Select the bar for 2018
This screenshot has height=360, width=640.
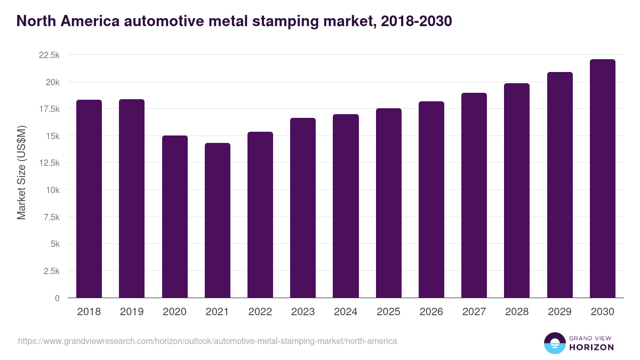[89, 199]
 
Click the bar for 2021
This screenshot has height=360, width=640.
[217, 220]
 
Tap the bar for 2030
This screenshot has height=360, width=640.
[602, 179]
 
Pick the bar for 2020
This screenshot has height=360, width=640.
[174, 217]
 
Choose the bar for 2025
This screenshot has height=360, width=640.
[388, 203]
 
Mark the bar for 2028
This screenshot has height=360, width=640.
[517, 190]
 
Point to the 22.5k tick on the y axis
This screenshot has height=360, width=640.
[49, 55]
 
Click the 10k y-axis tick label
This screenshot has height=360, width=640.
[52, 190]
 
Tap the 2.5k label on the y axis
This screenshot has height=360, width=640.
[51, 271]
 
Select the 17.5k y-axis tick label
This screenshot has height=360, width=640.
[49, 109]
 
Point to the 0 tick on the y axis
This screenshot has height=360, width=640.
[57, 298]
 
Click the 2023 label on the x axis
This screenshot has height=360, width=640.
[303, 312]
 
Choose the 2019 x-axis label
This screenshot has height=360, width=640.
[132, 312]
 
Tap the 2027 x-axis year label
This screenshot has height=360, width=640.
[474, 312]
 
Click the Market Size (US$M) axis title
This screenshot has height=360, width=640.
[21, 173]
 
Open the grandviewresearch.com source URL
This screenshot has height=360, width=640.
[207, 341]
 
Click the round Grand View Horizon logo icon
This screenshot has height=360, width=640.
[554, 343]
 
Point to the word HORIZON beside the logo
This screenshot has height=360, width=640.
[591, 347]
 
